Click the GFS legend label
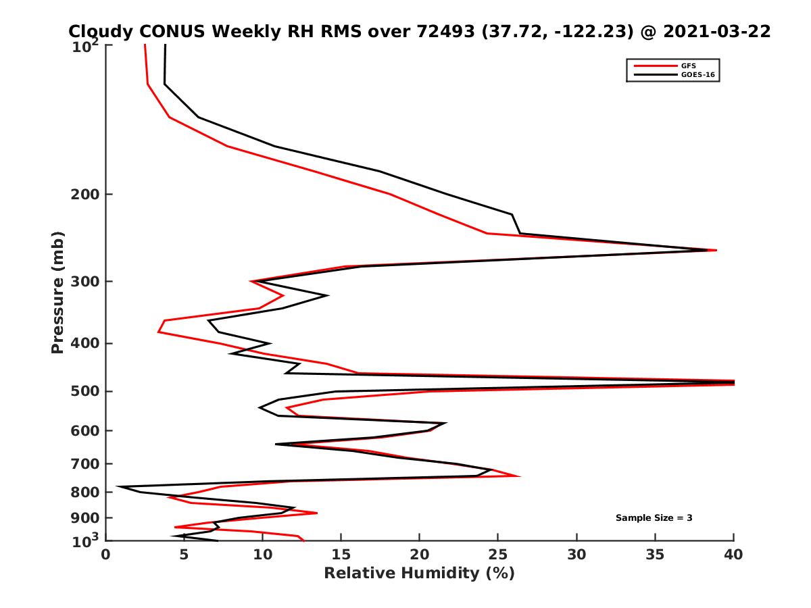pyautogui.click(x=688, y=66)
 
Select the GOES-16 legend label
pyautogui.click(x=697, y=74)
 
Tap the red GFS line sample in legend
pyautogui.click(x=656, y=66)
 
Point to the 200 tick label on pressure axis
pyautogui.click(x=85, y=194)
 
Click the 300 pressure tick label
pyautogui.click(x=85, y=281)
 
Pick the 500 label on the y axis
pyautogui.click(x=85, y=391)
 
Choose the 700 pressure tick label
pyautogui.click(x=85, y=463)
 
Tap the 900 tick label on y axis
pyautogui.click(x=85, y=518)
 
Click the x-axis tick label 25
pyautogui.click(x=497, y=555)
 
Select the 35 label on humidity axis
pyautogui.click(x=655, y=555)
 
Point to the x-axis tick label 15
pyautogui.click(x=341, y=555)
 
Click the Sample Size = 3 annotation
pyautogui.click(x=654, y=517)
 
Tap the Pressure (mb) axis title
pyautogui.click(x=57, y=293)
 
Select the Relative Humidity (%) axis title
pyautogui.click(x=420, y=574)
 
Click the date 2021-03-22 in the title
pyautogui.click(x=717, y=31)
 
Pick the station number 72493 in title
pyautogui.click(x=445, y=31)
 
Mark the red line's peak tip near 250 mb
pyautogui.click(x=716, y=250)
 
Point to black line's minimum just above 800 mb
pyautogui.click(x=118, y=486)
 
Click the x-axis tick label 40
pyautogui.click(x=733, y=555)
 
